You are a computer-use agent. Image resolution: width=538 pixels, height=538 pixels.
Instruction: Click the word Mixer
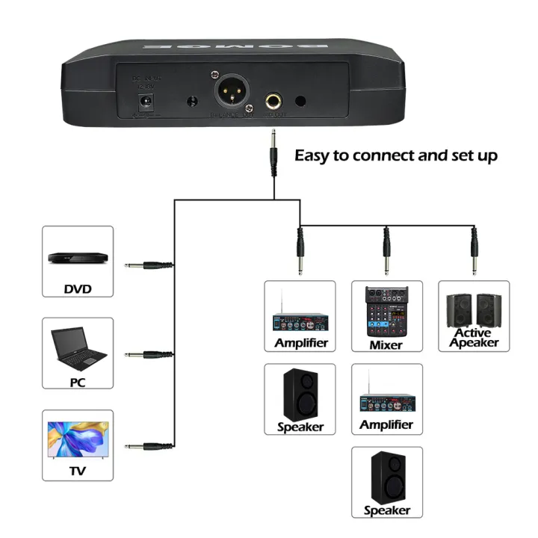(386, 345)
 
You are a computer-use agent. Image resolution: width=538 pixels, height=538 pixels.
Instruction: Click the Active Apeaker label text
(474, 338)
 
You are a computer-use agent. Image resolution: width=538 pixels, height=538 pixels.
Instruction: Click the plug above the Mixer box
(386, 250)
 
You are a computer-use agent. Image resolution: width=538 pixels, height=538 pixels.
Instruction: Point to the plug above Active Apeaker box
(473, 250)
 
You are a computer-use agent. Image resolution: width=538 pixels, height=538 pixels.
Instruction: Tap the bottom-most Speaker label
(387, 510)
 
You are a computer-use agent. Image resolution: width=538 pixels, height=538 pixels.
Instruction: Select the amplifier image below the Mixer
(386, 400)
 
